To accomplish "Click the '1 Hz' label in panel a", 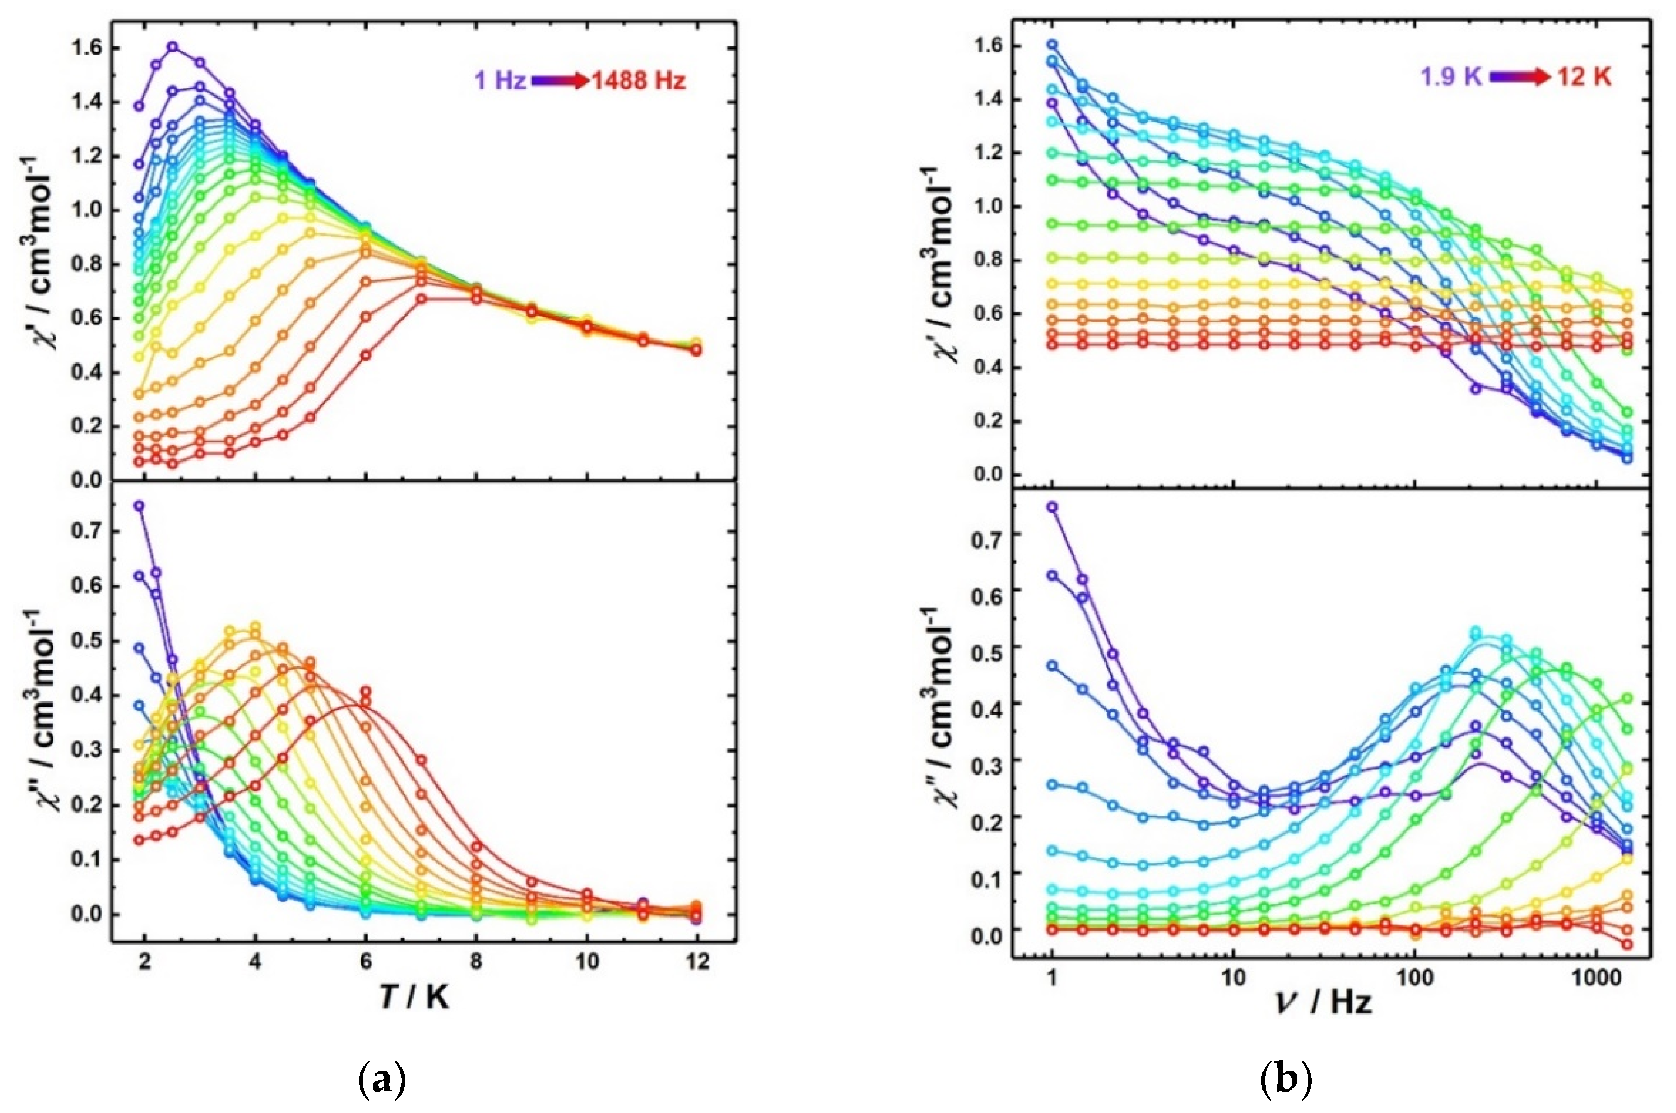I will point(500,81).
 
